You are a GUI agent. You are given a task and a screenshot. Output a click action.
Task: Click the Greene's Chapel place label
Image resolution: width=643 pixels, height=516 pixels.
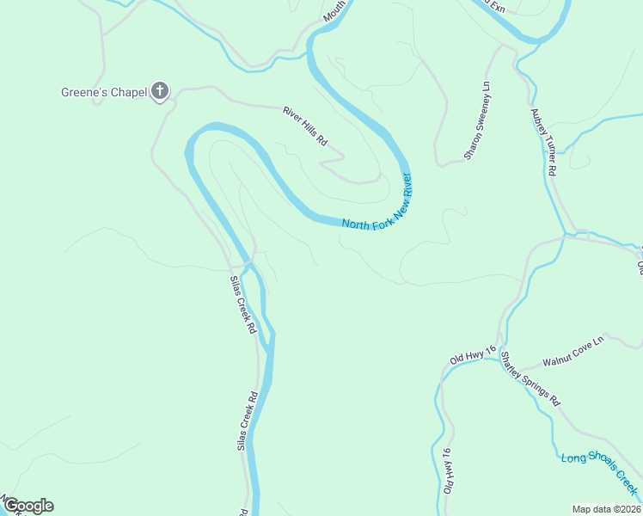click(x=102, y=91)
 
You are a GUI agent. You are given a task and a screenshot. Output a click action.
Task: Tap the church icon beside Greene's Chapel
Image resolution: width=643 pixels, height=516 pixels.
click(x=159, y=91)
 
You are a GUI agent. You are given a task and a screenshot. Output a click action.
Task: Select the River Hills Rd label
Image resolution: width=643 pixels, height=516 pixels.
click(x=306, y=125)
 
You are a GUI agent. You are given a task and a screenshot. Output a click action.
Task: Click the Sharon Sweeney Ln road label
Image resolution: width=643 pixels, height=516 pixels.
click(x=476, y=121)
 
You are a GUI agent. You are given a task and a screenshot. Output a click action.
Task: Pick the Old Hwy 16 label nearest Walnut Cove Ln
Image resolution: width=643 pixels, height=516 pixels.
click(x=473, y=354)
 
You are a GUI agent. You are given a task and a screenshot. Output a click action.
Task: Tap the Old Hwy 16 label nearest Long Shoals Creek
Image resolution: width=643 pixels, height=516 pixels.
click(x=448, y=470)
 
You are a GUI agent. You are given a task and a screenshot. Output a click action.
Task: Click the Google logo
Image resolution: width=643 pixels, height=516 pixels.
click(x=28, y=506)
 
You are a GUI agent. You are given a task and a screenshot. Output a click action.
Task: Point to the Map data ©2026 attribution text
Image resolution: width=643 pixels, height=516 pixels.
click(x=607, y=509)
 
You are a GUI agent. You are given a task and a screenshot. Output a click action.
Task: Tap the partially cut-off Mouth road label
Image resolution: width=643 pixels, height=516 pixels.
click(x=334, y=11)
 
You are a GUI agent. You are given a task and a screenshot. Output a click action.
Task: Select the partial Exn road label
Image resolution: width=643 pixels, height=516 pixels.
click(x=492, y=4)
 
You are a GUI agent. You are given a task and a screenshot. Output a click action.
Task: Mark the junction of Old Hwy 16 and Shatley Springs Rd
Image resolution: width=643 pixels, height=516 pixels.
click(x=499, y=358)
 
